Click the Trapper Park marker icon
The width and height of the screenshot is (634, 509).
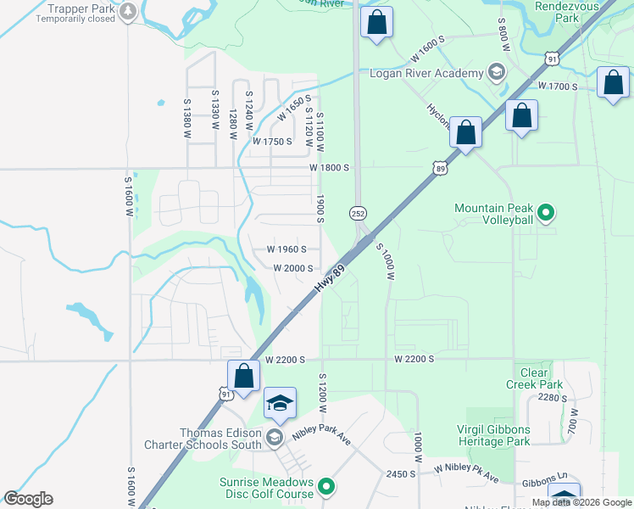128,11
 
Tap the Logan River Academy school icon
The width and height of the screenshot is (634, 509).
496,73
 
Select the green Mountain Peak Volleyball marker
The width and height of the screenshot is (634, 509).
546,212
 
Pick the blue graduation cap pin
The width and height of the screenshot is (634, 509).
280,404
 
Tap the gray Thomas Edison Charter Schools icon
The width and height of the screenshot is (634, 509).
274,438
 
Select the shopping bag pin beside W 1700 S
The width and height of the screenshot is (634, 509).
613,83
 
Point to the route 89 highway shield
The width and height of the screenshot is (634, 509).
439,168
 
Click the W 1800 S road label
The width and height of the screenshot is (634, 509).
330,168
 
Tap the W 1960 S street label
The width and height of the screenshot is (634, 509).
286,249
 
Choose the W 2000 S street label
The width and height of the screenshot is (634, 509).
293,268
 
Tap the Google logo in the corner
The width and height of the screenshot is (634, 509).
28,499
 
